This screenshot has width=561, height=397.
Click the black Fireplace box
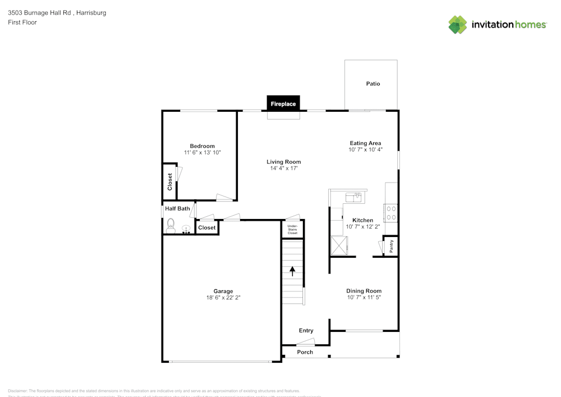[283, 104]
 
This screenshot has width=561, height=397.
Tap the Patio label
[373, 84]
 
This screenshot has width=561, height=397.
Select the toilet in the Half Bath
[171, 226]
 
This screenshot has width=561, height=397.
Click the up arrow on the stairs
[292, 271]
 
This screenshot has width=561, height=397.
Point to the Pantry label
[391, 246]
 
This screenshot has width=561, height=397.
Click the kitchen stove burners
[390, 213]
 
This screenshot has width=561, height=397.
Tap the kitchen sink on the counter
[353, 196]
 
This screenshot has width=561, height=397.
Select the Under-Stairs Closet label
[292, 229]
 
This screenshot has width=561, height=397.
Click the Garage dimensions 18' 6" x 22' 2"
[223, 298]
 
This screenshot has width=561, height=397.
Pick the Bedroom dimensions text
[202, 153]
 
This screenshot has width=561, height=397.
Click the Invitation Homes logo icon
[458, 25]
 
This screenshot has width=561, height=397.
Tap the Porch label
[305, 352]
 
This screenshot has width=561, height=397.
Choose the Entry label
[306, 331]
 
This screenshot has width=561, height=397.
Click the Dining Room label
[364, 291]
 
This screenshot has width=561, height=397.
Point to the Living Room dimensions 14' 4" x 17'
[283, 168]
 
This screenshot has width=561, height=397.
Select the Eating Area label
[365, 143]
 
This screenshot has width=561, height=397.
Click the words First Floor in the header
[22, 22]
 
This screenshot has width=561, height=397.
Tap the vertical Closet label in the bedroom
[169, 182]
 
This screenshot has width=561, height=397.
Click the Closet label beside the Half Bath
[206, 228]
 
